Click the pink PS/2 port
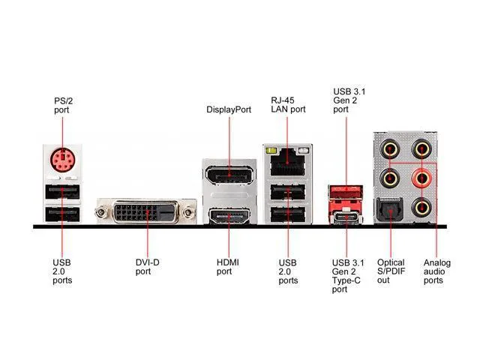point(62,160)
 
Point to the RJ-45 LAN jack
point(287,162)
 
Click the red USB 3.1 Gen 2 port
point(346,192)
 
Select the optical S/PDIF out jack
point(389,210)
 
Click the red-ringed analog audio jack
point(421,178)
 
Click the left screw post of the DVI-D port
point(101,211)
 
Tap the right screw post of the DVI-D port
point(190,211)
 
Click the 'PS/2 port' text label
point(63,105)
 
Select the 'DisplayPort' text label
point(229,109)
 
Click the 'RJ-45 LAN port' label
point(288,105)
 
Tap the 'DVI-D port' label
point(148,267)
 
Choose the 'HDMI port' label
point(228,267)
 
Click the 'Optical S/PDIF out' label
point(391,271)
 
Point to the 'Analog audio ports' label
point(436,271)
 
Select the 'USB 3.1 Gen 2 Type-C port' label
point(348,276)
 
